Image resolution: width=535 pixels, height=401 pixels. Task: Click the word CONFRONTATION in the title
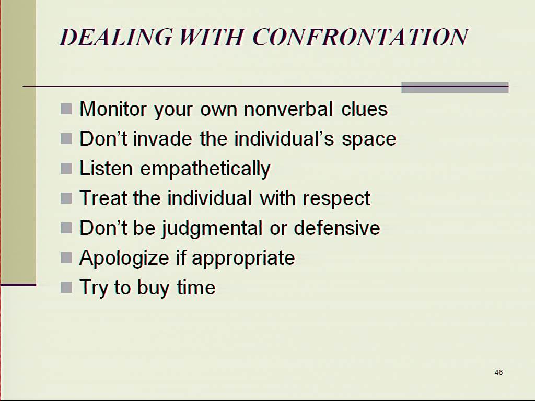coord(360,37)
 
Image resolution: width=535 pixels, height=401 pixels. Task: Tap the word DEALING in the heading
coord(115,37)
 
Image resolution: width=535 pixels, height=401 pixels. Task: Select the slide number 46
coord(498,372)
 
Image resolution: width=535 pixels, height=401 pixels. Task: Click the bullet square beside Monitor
coord(66,109)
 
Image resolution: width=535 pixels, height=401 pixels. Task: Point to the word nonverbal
coord(288,109)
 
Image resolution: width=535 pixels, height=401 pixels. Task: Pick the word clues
coord(364,109)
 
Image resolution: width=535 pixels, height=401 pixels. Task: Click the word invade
coord(162,139)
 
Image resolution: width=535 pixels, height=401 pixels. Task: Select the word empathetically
coord(205,169)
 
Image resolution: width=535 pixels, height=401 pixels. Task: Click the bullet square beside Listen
coord(66,169)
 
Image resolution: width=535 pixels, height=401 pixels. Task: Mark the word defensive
coord(337,228)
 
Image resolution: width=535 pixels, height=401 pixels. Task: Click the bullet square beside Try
coord(66,287)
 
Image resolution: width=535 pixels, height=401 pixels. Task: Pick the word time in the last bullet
coord(196,287)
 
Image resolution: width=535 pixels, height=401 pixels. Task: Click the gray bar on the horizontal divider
coord(455,88)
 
